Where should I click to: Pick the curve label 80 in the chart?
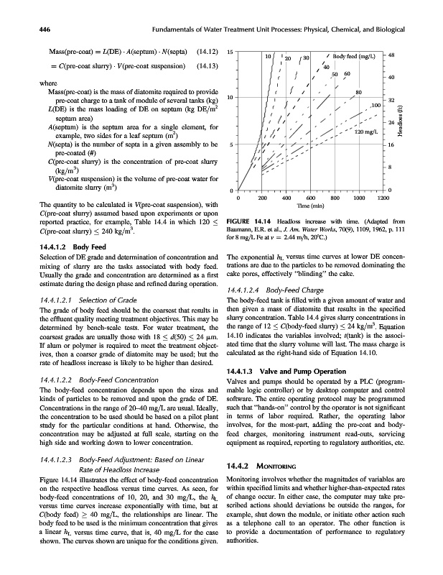coord(358,91)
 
